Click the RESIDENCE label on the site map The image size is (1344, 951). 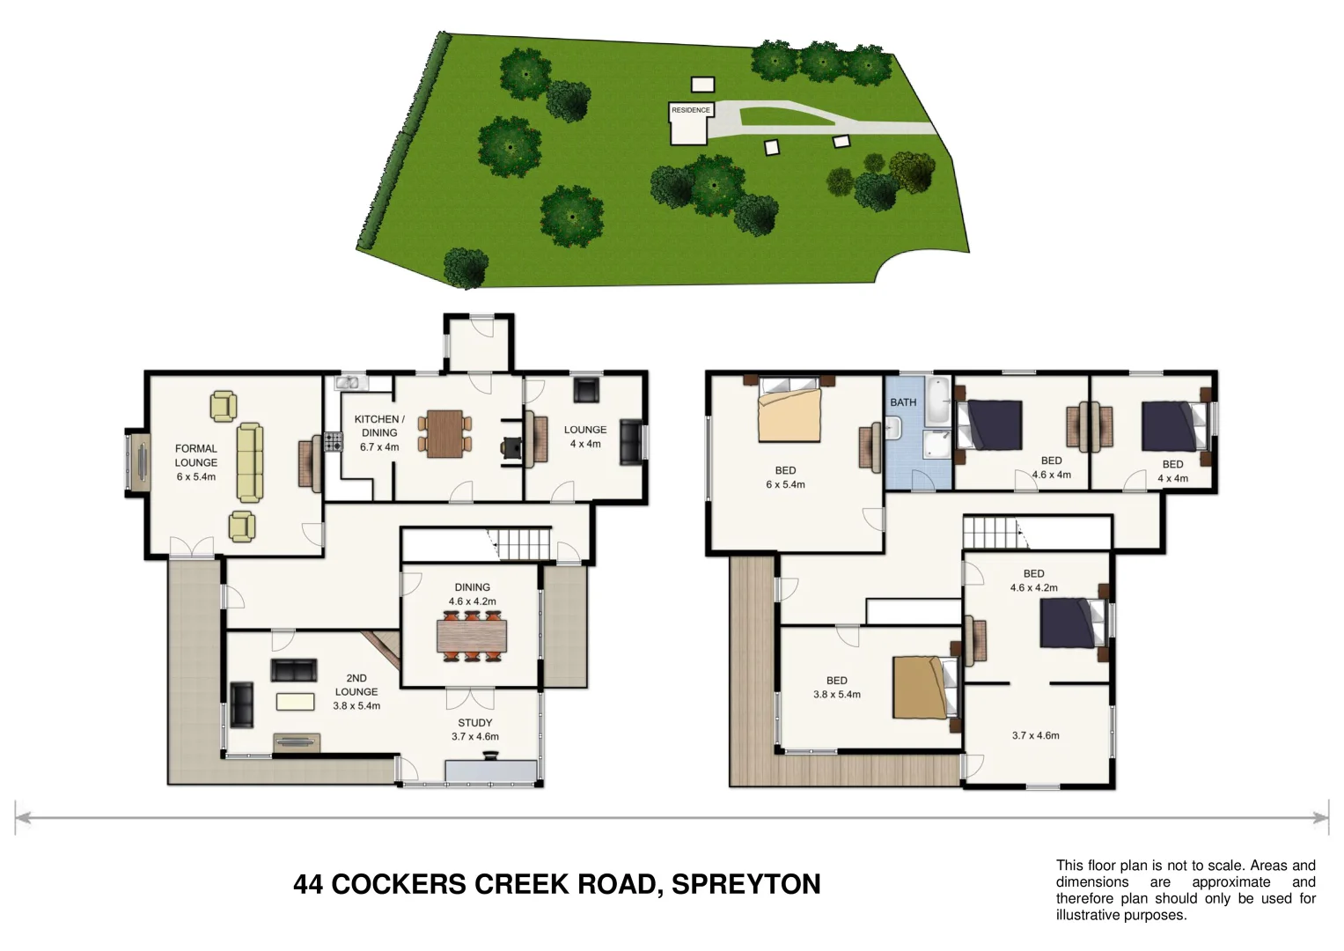[690, 110]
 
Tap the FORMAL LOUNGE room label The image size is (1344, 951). [195, 455]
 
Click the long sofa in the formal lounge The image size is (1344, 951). [249, 462]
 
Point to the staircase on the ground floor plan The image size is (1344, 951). [519, 543]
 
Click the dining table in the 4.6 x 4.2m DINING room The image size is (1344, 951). [472, 636]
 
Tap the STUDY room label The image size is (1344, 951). [474, 723]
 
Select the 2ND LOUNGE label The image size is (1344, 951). [356, 685]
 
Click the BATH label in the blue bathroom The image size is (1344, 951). [903, 402]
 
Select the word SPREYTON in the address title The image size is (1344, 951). [745, 884]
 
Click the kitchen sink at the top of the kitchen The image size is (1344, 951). [349, 382]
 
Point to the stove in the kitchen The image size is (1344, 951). [332, 441]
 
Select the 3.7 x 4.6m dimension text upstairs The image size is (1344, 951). [1035, 735]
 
